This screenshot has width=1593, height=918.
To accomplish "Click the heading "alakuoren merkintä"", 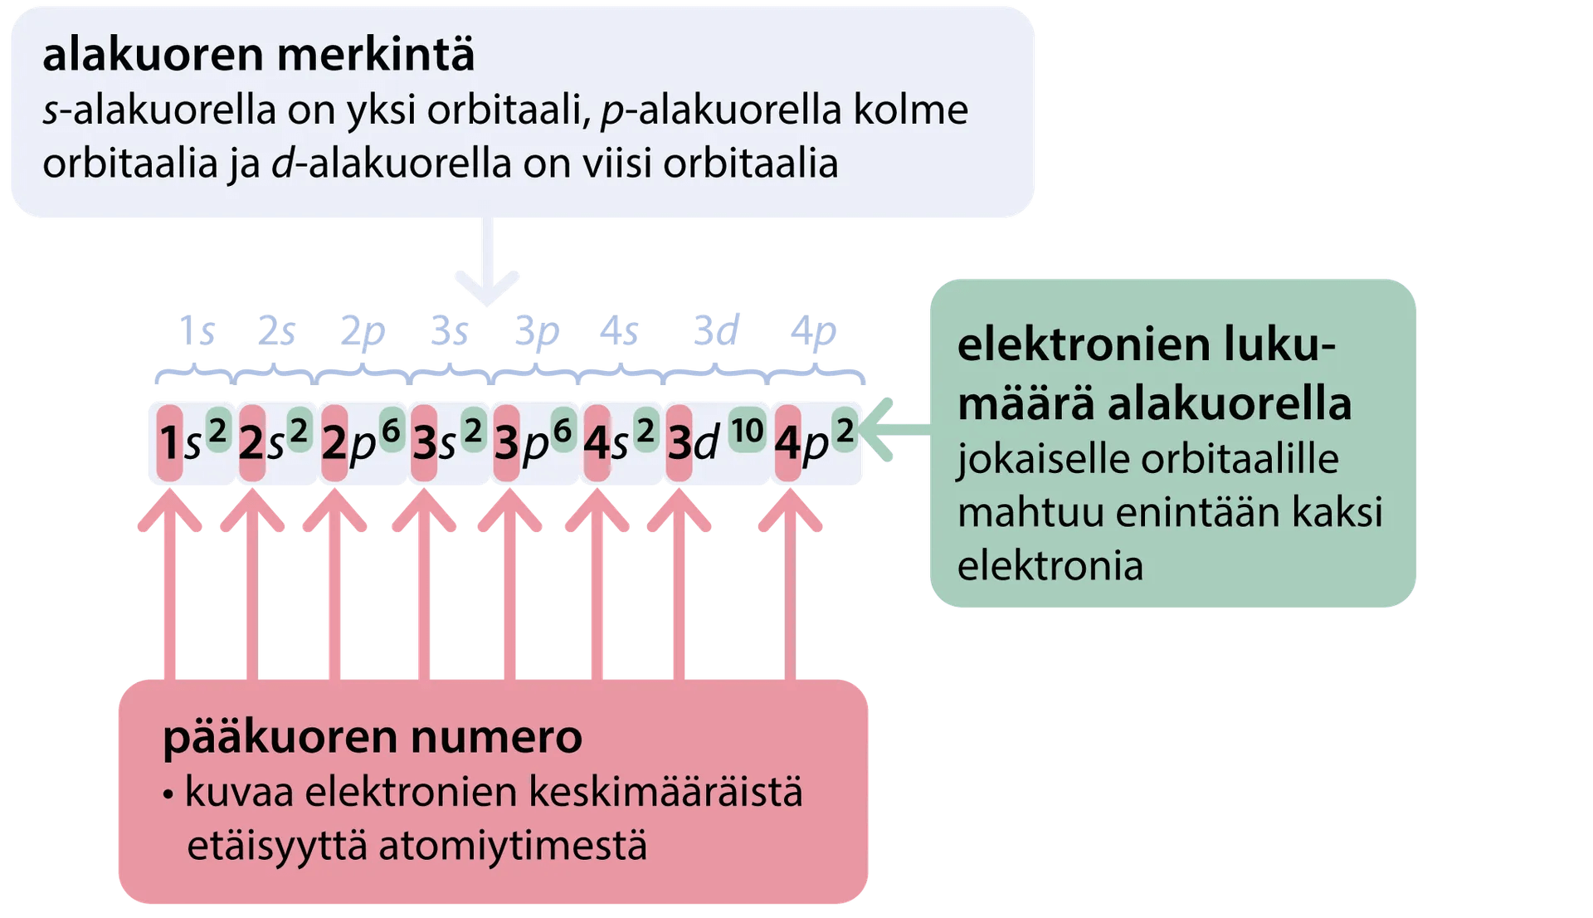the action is pyautogui.click(x=259, y=55).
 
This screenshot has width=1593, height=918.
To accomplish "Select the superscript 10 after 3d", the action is pyautogui.click(x=747, y=431).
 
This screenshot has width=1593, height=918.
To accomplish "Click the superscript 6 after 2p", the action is pyautogui.click(x=391, y=431).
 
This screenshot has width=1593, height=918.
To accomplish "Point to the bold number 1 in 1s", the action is pyautogui.click(x=169, y=443).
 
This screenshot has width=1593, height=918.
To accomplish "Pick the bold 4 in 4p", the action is pyautogui.click(x=787, y=443).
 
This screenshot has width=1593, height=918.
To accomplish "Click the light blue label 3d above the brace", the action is pyautogui.click(x=716, y=330).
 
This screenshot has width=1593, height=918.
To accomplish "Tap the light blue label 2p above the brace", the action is pyautogui.click(x=363, y=332).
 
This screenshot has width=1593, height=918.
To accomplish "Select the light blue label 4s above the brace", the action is pyautogui.click(x=620, y=332).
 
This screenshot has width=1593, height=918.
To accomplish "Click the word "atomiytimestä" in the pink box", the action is pyautogui.click(x=512, y=845).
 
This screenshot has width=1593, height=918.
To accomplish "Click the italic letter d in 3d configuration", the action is pyautogui.click(x=706, y=443).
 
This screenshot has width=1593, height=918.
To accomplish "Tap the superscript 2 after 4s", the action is pyautogui.click(x=645, y=431).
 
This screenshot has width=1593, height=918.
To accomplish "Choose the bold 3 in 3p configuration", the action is pyautogui.click(x=506, y=443).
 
